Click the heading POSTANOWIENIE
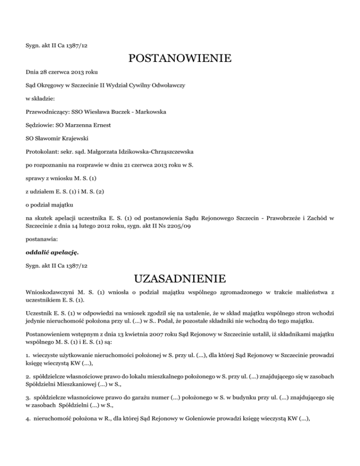click(180, 59)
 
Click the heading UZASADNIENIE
click(180, 280)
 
